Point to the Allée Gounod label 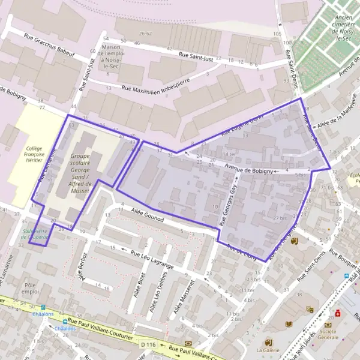coord(147,216)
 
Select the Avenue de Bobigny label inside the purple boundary coord(248,169)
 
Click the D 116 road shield coord(148,344)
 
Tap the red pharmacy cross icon coord(338,313)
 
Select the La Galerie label coord(268,350)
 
